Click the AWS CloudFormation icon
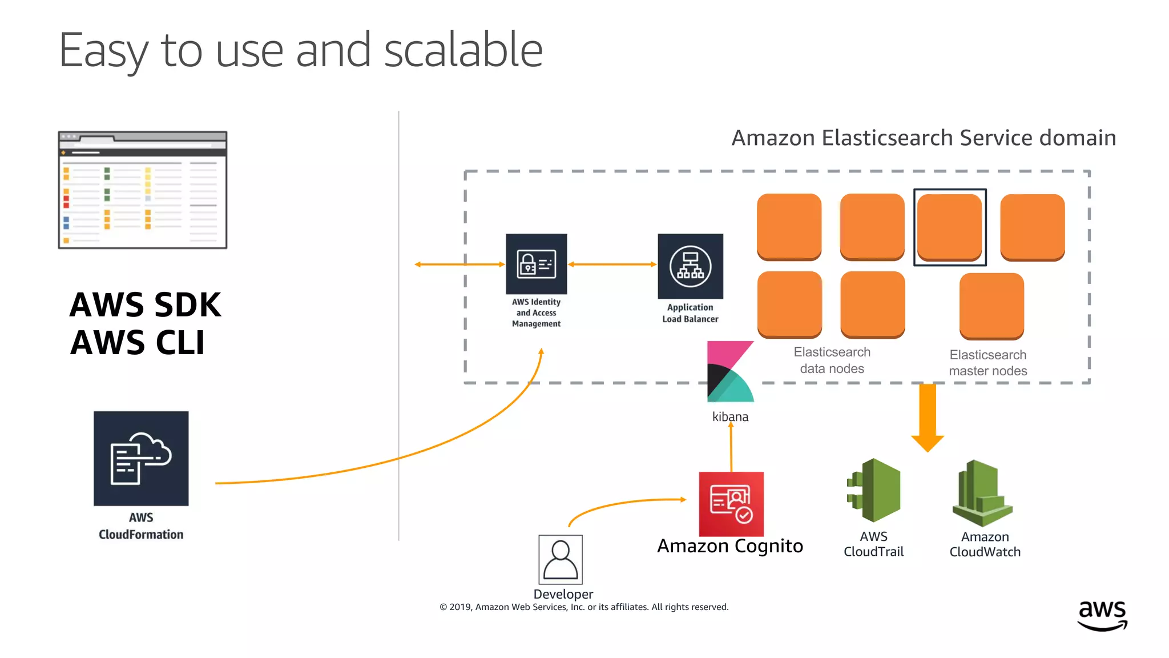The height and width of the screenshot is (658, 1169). pyautogui.click(x=141, y=458)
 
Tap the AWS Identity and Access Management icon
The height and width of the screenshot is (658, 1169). pyautogui.click(x=536, y=264)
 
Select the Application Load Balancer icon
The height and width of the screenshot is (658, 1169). pyautogui.click(x=690, y=266)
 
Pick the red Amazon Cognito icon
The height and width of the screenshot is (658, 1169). pyautogui.click(x=731, y=503)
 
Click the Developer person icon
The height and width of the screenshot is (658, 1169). pyautogui.click(x=561, y=559)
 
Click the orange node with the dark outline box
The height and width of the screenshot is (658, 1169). pyautogui.click(x=950, y=227)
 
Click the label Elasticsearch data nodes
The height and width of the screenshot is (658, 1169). pyautogui.click(x=832, y=360)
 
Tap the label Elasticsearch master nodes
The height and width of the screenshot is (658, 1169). pyautogui.click(x=987, y=363)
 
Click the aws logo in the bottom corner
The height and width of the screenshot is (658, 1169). pyautogui.click(x=1102, y=615)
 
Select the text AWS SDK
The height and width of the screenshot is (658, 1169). pyautogui.click(x=145, y=304)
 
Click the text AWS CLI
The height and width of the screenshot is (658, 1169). pyautogui.click(x=137, y=343)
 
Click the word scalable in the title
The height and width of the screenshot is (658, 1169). pyautogui.click(x=463, y=50)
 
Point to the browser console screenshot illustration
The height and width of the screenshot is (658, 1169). pyautogui.click(x=143, y=190)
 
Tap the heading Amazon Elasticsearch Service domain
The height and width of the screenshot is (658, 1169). pyautogui.click(x=924, y=138)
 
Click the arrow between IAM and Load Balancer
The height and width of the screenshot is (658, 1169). pyautogui.click(x=612, y=264)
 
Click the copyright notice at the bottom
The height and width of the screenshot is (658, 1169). pyautogui.click(x=584, y=607)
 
